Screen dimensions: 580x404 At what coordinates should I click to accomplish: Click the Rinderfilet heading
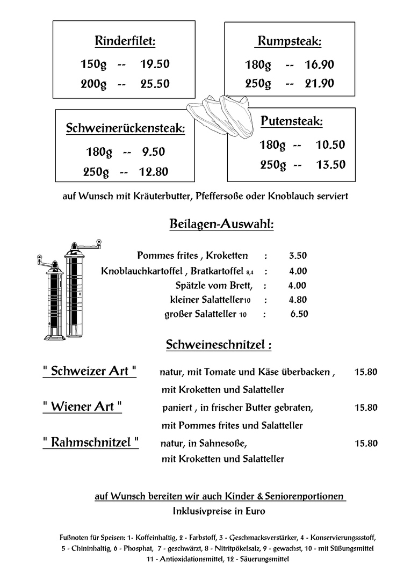click(x=125, y=41)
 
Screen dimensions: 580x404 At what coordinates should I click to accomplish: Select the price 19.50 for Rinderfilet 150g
click(x=155, y=64)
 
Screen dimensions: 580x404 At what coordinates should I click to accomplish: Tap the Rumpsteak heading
click(x=290, y=41)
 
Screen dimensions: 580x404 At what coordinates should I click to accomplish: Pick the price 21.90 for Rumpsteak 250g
click(x=319, y=83)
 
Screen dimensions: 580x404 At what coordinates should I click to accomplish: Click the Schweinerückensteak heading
click(x=125, y=129)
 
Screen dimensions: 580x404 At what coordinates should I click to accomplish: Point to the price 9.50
click(x=153, y=152)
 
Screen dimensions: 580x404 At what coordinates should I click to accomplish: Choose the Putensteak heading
click(x=292, y=122)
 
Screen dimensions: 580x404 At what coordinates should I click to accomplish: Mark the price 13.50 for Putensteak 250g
click(x=330, y=165)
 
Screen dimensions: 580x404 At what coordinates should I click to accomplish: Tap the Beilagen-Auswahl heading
click(x=221, y=224)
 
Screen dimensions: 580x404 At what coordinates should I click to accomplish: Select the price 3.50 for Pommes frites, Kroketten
click(x=298, y=256)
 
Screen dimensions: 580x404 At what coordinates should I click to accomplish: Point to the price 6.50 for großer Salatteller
click(x=299, y=315)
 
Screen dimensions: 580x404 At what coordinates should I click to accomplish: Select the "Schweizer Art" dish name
click(x=89, y=371)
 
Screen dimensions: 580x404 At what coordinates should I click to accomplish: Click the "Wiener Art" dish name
click(x=82, y=407)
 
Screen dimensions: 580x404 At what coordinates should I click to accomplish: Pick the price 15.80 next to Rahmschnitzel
click(x=366, y=444)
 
